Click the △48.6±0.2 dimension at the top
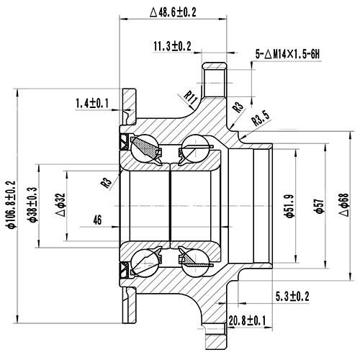pyautogui.click(x=179, y=12)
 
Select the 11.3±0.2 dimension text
pyautogui.click(x=172, y=46)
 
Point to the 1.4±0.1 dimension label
pyautogui.click(x=91, y=104)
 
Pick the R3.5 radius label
pyautogui.click(x=260, y=119)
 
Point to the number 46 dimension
pyautogui.click(x=98, y=221)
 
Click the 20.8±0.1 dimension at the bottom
pyautogui.click(x=246, y=320)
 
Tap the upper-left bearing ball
pyautogui.click(x=148, y=148)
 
